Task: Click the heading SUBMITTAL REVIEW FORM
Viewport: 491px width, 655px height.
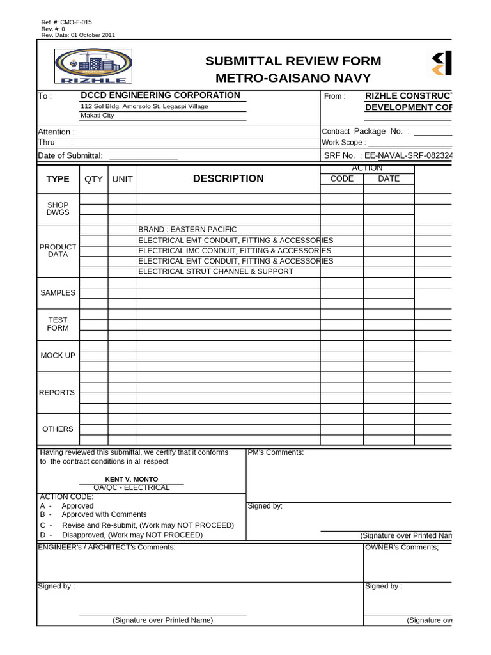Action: pyautogui.click(x=293, y=61)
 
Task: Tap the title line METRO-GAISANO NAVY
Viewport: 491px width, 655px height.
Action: pyautogui.click(x=293, y=78)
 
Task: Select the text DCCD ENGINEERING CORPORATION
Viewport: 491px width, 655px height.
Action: pyautogui.click(x=160, y=95)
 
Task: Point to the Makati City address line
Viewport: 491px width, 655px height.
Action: pyautogui.click(x=97, y=116)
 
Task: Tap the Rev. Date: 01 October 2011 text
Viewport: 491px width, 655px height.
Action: pyautogui.click(x=78, y=35)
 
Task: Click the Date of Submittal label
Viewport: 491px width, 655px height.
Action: pyautogui.click(x=70, y=155)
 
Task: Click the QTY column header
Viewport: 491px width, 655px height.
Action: pyautogui.click(x=93, y=179)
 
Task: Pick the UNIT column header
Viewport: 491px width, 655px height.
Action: pyautogui.click(x=122, y=179)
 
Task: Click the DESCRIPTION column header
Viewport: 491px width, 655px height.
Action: pyautogui.click(x=228, y=178)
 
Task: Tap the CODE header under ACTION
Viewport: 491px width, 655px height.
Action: pyautogui.click(x=341, y=179)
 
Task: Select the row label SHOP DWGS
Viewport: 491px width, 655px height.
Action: pyautogui.click(x=58, y=209)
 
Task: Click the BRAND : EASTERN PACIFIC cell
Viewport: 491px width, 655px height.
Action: pyautogui.click(x=187, y=230)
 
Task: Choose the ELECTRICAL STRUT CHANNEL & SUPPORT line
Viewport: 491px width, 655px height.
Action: pyautogui.click(x=216, y=271)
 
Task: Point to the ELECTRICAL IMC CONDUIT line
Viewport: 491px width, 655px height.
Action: pyautogui.click(x=235, y=251)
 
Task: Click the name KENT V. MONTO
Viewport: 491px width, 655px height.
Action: pyautogui.click(x=131, y=479)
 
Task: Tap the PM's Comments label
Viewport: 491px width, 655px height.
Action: pyautogui.click(x=276, y=452)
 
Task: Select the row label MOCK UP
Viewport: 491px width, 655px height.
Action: pyautogui.click(x=58, y=355)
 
